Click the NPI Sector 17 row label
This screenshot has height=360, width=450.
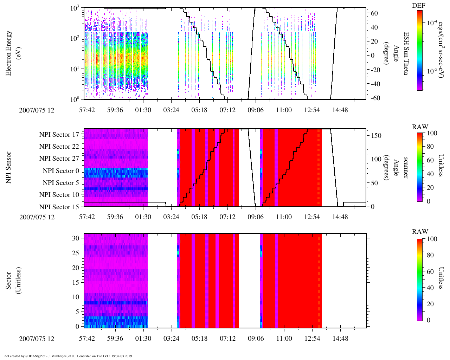coord(59,135)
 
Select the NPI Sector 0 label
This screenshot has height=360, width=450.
coord(61,171)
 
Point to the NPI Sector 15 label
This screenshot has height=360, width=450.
coord(59,207)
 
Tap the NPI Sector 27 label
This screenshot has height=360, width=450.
coord(59,159)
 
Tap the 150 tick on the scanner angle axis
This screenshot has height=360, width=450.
coord(377,136)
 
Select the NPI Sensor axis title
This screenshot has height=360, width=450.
coord(9,167)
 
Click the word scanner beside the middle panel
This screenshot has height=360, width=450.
coord(405,167)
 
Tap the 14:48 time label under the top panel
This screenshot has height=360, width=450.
coord(340,110)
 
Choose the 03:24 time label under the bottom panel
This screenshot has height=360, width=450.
coord(171,339)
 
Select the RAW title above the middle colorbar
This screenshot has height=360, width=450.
coord(420,127)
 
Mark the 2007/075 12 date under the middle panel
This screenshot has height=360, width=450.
coord(37,217)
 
